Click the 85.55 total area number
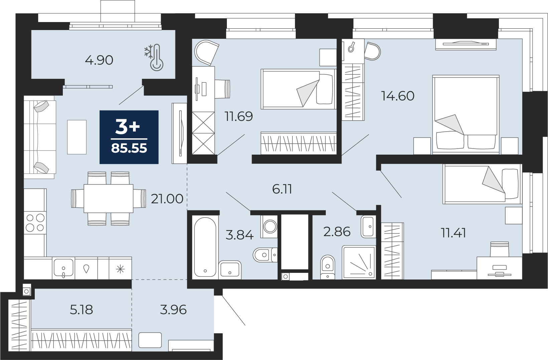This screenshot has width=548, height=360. [x=129, y=148]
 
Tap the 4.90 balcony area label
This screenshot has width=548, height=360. [x=99, y=60]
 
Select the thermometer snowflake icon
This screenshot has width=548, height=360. [x=154, y=58]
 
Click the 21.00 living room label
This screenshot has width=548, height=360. [x=167, y=199]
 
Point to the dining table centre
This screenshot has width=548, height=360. [x=108, y=198]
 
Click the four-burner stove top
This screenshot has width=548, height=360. [x=35, y=223]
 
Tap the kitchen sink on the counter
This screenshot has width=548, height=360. [x=63, y=268]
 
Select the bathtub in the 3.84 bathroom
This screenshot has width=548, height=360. [x=205, y=246]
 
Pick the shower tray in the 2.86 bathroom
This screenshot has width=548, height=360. [x=359, y=262]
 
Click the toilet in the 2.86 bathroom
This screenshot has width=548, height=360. [x=327, y=266]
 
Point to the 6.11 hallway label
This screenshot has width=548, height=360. [x=282, y=189]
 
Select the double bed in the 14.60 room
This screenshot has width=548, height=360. [x=466, y=115]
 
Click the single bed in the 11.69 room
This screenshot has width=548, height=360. [x=298, y=89]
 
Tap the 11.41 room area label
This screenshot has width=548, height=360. [x=453, y=233]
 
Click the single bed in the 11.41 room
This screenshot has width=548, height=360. [x=482, y=184]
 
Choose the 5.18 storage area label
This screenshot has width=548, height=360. [x=81, y=310]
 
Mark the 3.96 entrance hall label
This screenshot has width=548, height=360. [x=173, y=310]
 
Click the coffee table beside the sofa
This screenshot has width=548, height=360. [x=77, y=137]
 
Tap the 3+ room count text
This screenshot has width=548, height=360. [x=127, y=128]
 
